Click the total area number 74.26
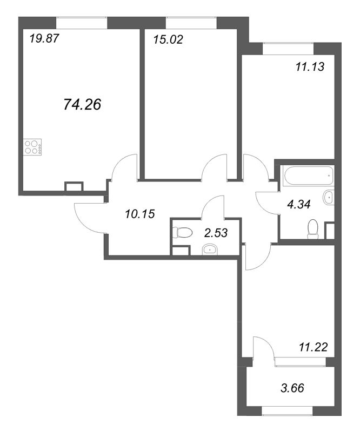click(x=82, y=104)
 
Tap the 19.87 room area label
click(x=44, y=38)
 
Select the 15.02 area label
click(x=168, y=39)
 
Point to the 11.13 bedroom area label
click(x=310, y=66)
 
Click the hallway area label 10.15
click(x=140, y=214)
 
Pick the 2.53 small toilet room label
click(x=216, y=233)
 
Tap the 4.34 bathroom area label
click(x=299, y=205)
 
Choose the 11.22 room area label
click(x=314, y=347)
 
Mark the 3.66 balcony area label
click(x=292, y=388)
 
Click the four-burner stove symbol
click(x=32, y=147)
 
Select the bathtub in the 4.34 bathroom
click(x=309, y=176)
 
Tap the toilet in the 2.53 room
click(x=182, y=233)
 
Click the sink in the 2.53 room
click(x=210, y=249)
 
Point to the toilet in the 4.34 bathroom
click(x=312, y=229)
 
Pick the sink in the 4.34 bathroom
click(x=329, y=197)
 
